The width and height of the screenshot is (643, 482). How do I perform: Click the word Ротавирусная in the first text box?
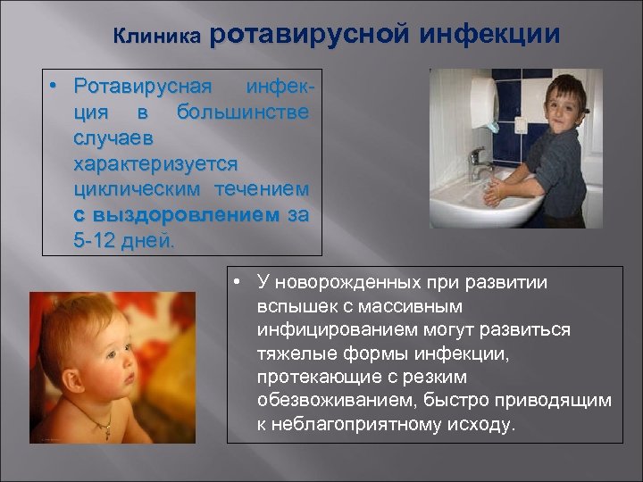pos(143,87)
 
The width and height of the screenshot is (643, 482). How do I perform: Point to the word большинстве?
pos(243,112)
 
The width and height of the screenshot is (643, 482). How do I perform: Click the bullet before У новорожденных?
pos(233,283)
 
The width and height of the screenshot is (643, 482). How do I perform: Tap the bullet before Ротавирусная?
pos(55,87)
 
